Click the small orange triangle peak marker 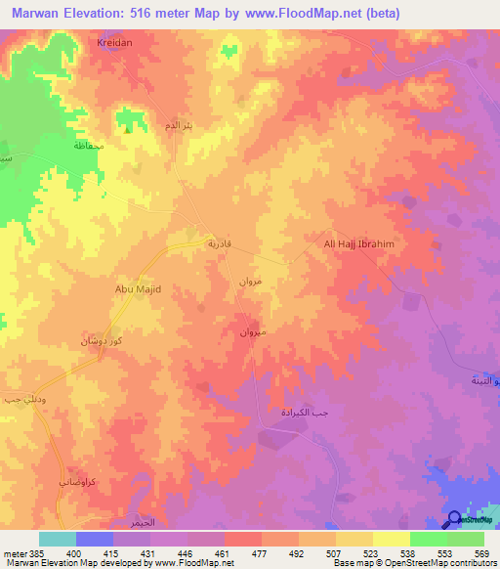coord(127,125)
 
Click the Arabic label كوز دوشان coord(101,342)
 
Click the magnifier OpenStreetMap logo coord(455,519)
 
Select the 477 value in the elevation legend coord(261,553)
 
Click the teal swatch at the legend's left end coord(57,539)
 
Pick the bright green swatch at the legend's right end coord(465,539)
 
